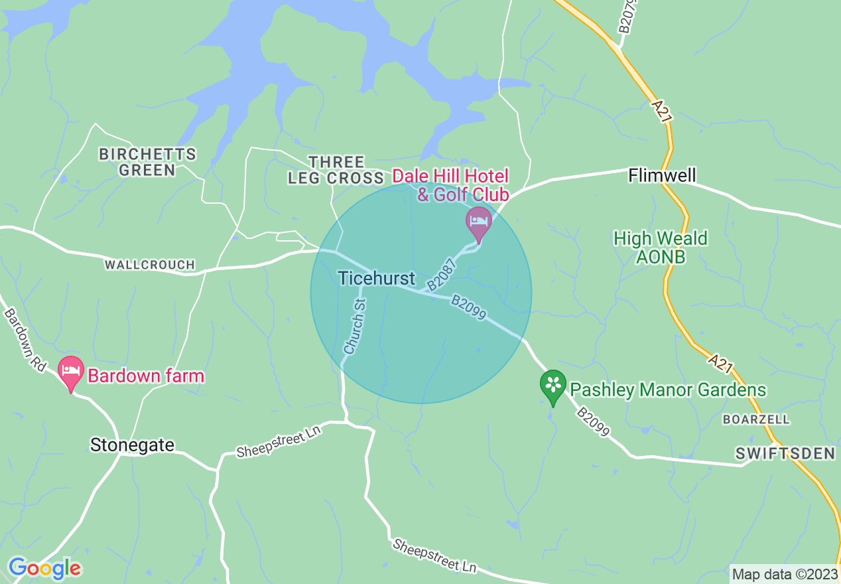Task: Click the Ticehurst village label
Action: pyautogui.click(x=376, y=278)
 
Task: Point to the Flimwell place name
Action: pyautogui.click(x=662, y=176)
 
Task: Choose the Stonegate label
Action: pyautogui.click(x=132, y=445)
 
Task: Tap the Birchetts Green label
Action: pyautogui.click(x=147, y=162)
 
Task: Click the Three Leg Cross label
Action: pyautogui.click(x=336, y=170)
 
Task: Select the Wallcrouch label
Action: pyautogui.click(x=150, y=265)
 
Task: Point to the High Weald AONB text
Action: pyautogui.click(x=660, y=248)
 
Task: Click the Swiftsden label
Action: pyautogui.click(x=785, y=453)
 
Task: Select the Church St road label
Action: pyautogui.click(x=356, y=326)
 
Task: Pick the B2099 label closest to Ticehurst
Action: pyautogui.click(x=469, y=306)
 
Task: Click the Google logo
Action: pyautogui.click(x=44, y=568)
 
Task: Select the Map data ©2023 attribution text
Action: pyautogui.click(x=785, y=574)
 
